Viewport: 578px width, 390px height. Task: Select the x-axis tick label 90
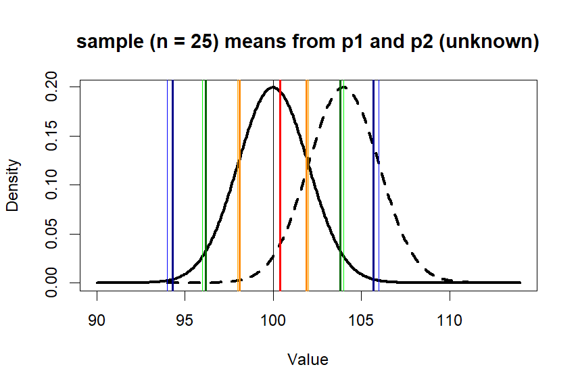(x=97, y=320)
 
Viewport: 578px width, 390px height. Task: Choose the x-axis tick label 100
(x=273, y=320)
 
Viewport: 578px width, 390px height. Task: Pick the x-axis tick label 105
(x=362, y=320)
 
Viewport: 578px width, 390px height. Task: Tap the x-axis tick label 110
(x=450, y=320)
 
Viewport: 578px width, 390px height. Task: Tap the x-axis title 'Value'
(x=308, y=360)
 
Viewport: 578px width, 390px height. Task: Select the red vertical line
(x=280, y=203)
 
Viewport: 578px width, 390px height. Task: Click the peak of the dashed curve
(x=343, y=87)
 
